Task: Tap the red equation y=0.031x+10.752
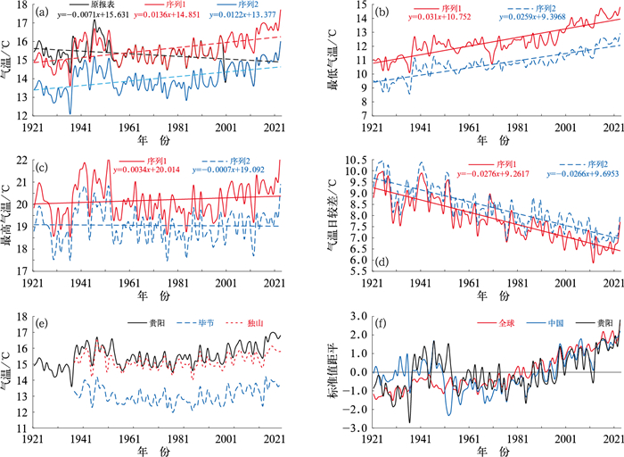pos(432,27)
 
